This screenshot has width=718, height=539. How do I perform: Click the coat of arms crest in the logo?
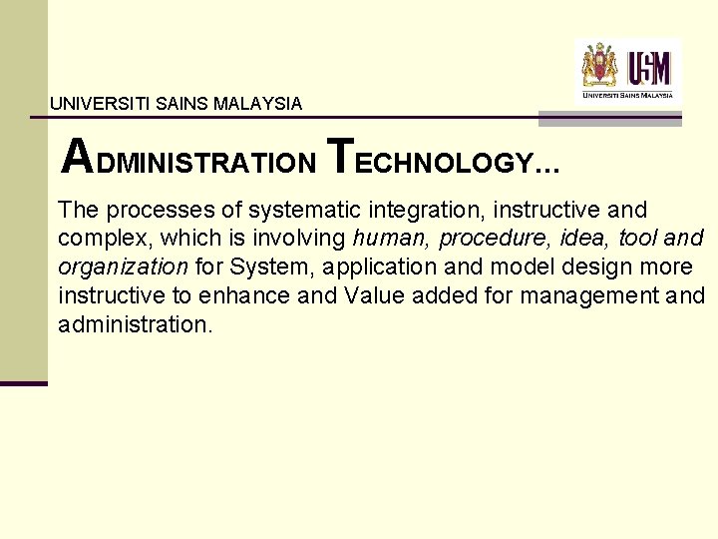[600, 66]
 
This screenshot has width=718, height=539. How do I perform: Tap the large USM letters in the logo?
[649, 69]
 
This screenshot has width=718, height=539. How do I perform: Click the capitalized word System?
[264, 268]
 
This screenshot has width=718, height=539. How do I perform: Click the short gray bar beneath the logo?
[609, 119]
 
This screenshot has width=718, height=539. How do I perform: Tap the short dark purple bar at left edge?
[23, 382]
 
